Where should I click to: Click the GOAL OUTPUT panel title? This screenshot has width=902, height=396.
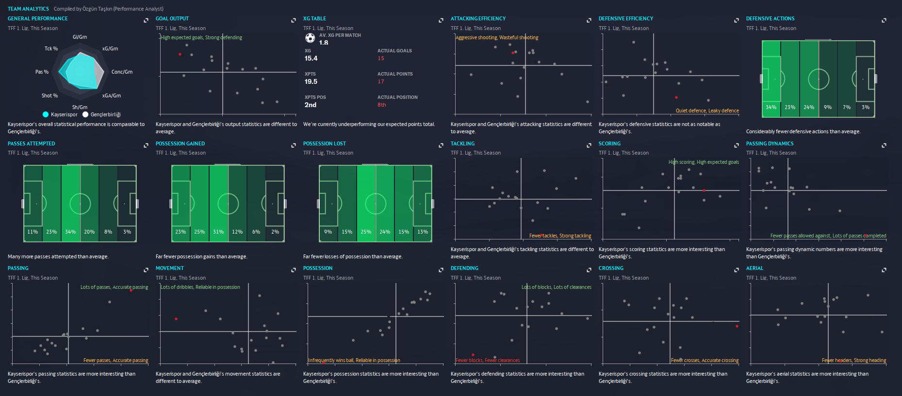coord(172,18)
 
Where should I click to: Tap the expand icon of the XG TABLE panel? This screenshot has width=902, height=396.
coord(441,20)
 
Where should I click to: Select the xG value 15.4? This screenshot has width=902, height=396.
coord(311,58)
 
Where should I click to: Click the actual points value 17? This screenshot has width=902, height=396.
coord(381,81)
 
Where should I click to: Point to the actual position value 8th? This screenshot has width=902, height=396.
coord(382,105)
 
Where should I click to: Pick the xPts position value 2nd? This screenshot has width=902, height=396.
coord(311,105)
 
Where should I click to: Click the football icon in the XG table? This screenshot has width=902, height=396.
coord(310,38)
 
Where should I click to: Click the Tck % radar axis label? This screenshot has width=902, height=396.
coord(51,48)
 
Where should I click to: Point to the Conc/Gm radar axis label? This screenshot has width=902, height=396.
coord(122,72)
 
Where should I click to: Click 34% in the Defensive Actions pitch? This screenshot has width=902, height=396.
coord(771,107)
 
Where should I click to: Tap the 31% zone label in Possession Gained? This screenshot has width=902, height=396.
coord(218,232)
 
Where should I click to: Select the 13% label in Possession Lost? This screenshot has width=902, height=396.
coord(423,232)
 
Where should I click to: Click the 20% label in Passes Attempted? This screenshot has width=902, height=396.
coord(89,232)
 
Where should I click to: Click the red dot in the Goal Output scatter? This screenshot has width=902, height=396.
coord(180,54)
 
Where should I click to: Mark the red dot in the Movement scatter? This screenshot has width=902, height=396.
coord(176,319)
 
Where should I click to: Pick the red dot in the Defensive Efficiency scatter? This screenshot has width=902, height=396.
coord(676,97)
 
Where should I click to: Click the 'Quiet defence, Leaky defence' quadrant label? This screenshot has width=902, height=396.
coord(707,111)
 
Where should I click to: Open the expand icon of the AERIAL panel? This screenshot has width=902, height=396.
coord(884,270)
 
